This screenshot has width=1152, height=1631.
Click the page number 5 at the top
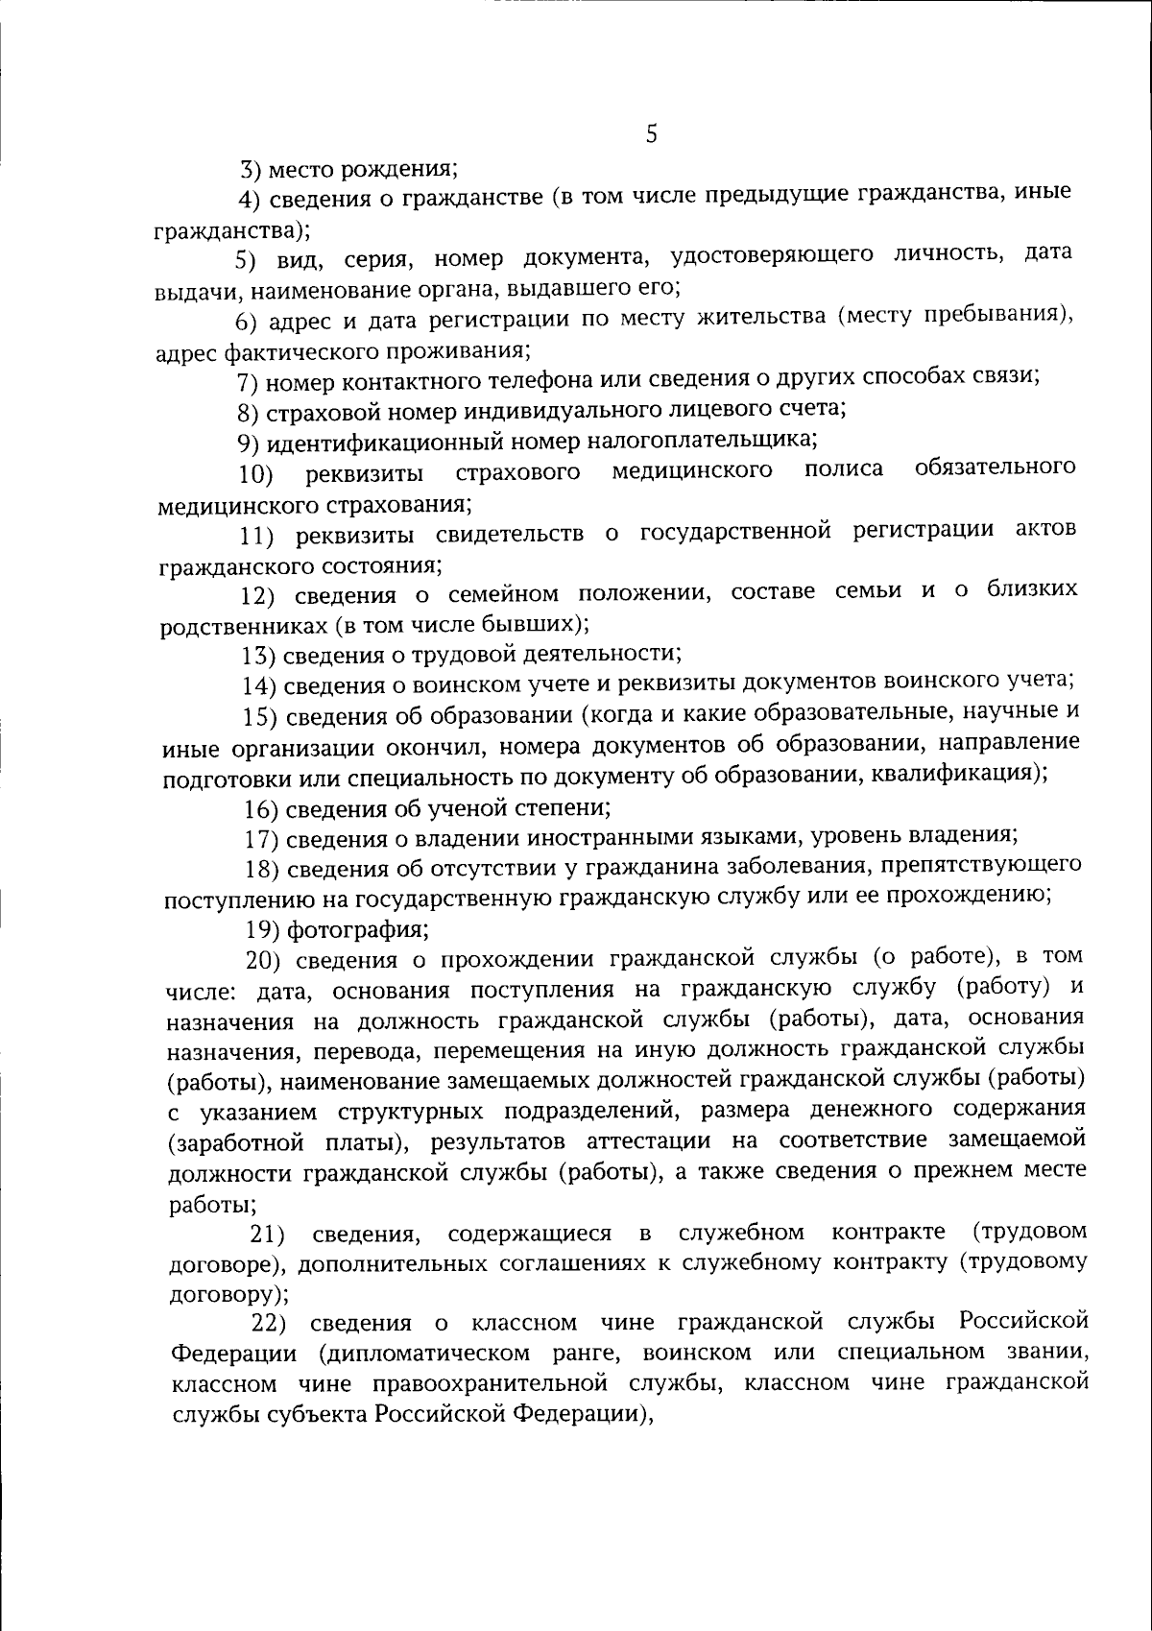point(651,135)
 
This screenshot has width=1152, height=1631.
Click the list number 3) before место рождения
point(251,171)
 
